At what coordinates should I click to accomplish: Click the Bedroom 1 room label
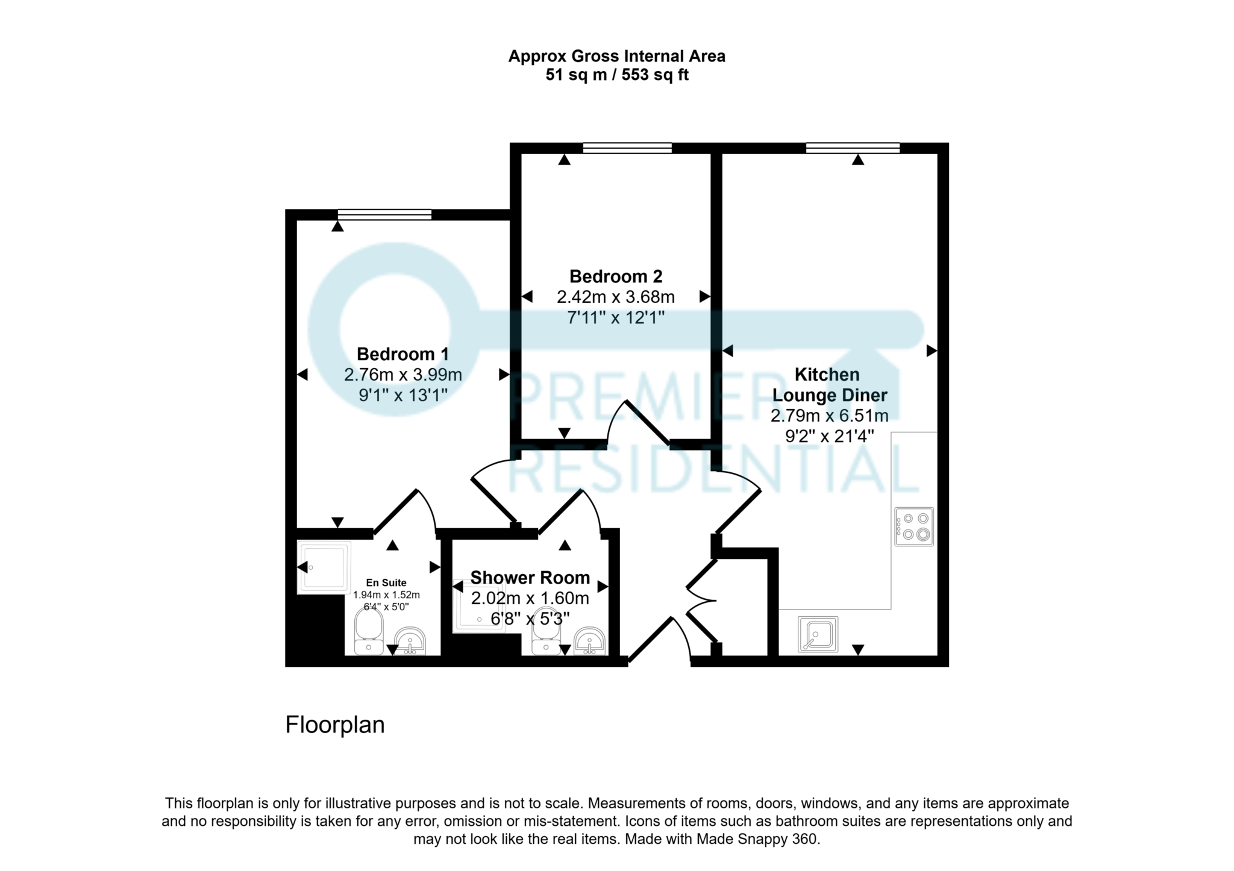tap(402, 354)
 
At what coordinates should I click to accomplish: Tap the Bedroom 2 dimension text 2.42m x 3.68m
tap(615, 297)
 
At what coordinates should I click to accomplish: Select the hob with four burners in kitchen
tap(914, 526)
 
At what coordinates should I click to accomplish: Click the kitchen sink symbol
tap(818, 634)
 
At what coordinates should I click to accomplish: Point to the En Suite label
tap(386, 582)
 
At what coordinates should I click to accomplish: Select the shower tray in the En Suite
tap(324, 567)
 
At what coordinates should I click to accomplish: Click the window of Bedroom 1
tap(384, 214)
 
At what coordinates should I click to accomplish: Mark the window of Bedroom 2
tap(627, 148)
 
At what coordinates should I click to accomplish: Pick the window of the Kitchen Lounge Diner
tap(853, 148)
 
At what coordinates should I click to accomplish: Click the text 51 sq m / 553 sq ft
tap(616, 75)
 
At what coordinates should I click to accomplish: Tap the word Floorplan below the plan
tap(334, 725)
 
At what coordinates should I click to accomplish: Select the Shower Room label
tap(530, 578)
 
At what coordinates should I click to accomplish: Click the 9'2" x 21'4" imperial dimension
tap(829, 436)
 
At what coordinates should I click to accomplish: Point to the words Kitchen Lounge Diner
tap(829, 385)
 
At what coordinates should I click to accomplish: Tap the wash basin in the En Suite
tap(410, 641)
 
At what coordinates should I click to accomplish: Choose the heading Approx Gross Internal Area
tap(616, 57)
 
